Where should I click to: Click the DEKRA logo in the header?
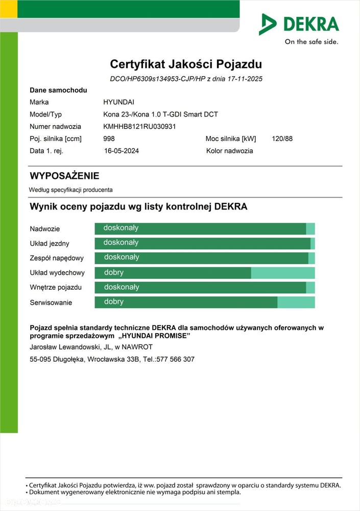point(299,24)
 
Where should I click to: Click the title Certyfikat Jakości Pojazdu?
point(186,64)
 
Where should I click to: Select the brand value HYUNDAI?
point(118,102)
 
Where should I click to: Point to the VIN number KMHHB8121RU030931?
point(139,126)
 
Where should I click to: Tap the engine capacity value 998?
point(109,138)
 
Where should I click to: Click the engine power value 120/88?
point(283,138)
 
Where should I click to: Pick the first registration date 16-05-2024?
point(122,151)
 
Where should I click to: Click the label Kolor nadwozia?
point(229,151)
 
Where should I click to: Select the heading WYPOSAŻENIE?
point(64,176)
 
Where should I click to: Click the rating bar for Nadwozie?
point(204,228)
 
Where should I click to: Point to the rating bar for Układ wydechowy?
point(204,273)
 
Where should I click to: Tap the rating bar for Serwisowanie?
point(204,302)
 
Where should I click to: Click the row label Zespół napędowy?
point(56,258)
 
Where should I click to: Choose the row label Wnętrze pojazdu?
point(56,288)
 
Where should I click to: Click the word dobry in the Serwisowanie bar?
point(114,302)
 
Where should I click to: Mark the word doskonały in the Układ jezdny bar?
point(121,243)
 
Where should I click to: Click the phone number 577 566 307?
point(176,359)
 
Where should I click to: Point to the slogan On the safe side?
point(311,42)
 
